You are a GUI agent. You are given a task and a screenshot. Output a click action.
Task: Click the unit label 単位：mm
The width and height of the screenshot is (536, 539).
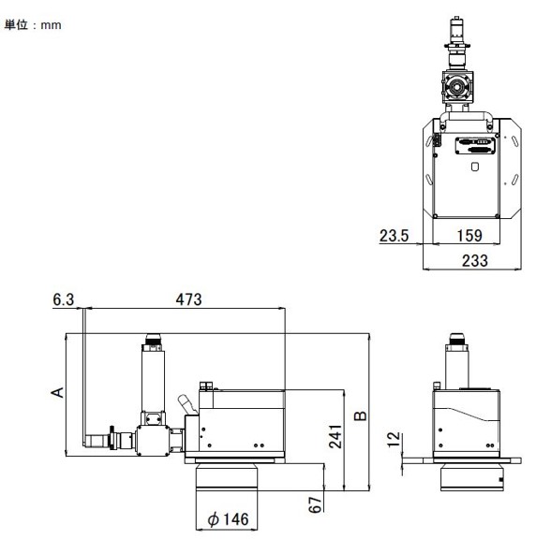[x=34, y=24]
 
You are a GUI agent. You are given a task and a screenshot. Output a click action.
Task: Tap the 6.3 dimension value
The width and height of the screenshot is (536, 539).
[x=63, y=300]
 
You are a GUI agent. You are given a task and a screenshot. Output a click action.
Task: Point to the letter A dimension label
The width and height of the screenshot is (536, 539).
[x=57, y=390]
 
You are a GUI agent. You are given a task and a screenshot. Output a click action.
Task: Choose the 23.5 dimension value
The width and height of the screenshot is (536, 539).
[x=394, y=237]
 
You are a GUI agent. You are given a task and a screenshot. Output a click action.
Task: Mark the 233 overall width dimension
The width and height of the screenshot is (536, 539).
[x=475, y=261]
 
